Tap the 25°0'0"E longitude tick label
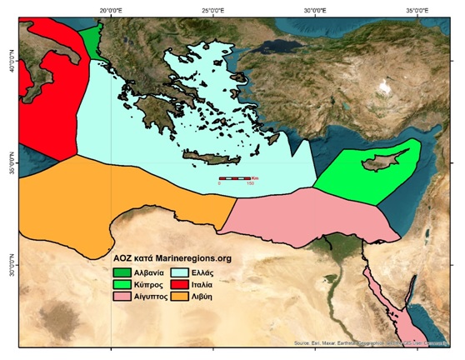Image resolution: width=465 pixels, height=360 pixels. coord(213,9)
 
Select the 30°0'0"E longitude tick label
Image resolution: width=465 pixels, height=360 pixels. coord(317,9)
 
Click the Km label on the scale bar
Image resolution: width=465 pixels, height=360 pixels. coord(256,178)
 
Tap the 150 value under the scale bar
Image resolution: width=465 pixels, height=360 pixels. coord(249,184)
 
